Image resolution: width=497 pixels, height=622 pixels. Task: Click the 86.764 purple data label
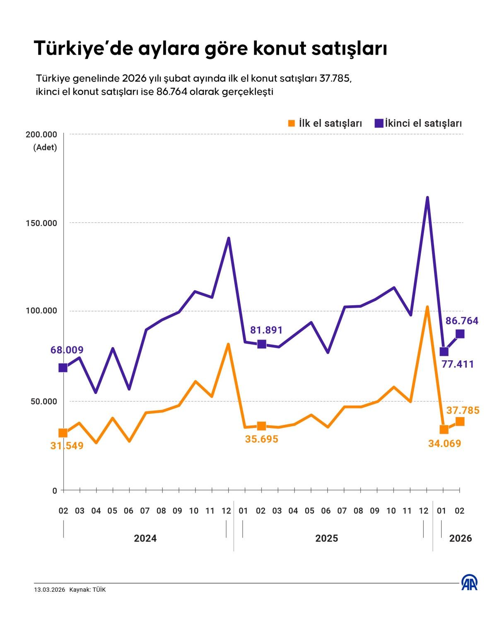pyautogui.click(x=462, y=321)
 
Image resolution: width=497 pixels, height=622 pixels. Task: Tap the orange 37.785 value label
pyautogui.click(x=463, y=411)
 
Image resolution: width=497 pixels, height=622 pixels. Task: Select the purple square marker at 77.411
pyautogui.click(x=444, y=352)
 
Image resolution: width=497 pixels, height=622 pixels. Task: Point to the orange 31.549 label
pyautogui.click(x=67, y=446)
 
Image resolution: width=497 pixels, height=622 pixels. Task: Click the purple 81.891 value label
pyautogui.click(x=266, y=330)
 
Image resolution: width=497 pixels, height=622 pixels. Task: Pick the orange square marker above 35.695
pyautogui.click(x=261, y=426)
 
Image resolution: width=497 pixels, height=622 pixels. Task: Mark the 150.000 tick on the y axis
pyautogui.click(x=41, y=223)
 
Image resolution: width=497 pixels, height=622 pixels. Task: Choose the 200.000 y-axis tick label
pyautogui.click(x=41, y=134)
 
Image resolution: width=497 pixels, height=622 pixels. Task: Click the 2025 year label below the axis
pyautogui.click(x=326, y=538)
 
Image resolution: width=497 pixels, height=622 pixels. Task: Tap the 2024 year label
pyautogui.click(x=145, y=538)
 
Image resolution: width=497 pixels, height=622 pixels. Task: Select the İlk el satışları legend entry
pyautogui.click(x=325, y=124)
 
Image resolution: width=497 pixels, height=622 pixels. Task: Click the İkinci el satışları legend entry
pyautogui.click(x=418, y=124)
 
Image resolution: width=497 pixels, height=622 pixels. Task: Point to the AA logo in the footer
pyautogui.click(x=469, y=583)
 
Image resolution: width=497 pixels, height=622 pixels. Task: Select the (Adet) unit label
pyautogui.click(x=45, y=148)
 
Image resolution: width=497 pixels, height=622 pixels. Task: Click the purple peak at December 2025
pyautogui.click(x=427, y=198)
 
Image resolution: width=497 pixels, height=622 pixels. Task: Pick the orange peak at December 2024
pyautogui.click(x=228, y=345)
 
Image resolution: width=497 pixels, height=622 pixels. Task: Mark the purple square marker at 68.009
pyautogui.click(x=63, y=368)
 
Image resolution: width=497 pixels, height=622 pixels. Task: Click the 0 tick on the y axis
pyautogui.click(x=55, y=491)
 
